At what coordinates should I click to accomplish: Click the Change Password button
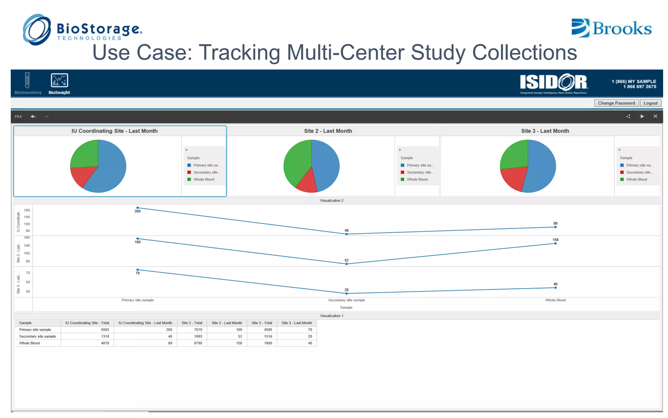(616, 103)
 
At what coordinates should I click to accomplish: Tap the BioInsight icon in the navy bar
(59, 81)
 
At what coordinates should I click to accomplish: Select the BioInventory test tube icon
(27, 80)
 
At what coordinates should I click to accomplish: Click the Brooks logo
(612, 28)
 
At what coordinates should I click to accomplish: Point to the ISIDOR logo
(554, 82)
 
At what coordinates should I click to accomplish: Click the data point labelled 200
(138, 208)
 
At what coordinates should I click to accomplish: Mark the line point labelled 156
(555, 243)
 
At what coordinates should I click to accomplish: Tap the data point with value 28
(346, 294)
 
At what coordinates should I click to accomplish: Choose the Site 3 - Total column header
(262, 323)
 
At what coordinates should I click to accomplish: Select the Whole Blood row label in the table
(29, 343)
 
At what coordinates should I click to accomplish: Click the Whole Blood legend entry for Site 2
(417, 180)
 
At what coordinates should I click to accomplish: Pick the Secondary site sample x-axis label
(346, 300)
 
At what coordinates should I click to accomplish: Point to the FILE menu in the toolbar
(18, 117)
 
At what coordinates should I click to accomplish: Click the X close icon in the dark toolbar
(655, 116)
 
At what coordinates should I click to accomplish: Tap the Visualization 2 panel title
(331, 201)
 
